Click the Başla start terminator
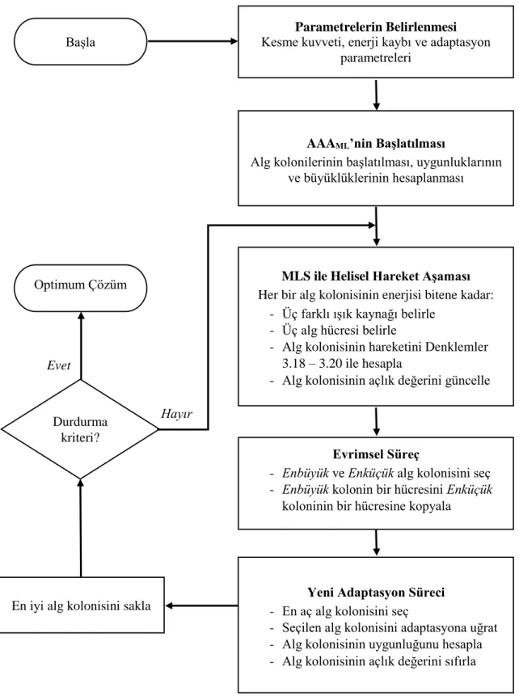[80, 42]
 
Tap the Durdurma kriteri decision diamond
[80, 429]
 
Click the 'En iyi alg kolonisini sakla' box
[82, 605]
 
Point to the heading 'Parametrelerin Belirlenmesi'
[376, 27]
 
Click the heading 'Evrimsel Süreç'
[376, 454]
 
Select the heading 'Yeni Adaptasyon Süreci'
[376, 593]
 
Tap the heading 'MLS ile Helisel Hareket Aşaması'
[376, 276]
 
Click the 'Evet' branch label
[59, 365]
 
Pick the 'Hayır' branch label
[176, 414]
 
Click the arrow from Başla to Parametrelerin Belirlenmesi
[192, 42]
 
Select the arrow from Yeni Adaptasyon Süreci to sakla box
[201, 605]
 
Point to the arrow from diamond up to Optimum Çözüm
[81, 346]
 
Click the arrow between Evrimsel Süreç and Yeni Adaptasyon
[377, 542]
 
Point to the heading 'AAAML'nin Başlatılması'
[376, 144]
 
